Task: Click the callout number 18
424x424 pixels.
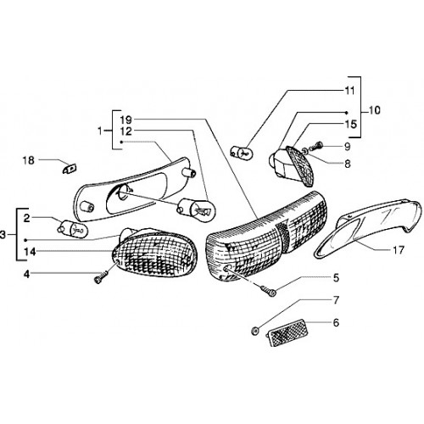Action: (x=29, y=160)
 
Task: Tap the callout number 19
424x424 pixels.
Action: (x=126, y=120)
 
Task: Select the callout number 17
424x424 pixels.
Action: (x=398, y=250)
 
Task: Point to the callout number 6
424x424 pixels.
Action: (x=336, y=322)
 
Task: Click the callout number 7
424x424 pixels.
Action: (x=336, y=300)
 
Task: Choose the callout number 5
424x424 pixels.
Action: (x=336, y=278)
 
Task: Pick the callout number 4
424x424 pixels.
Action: (x=26, y=274)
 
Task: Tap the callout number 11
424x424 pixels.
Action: (x=349, y=91)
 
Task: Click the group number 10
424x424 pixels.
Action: (x=374, y=110)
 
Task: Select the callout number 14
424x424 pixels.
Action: (x=30, y=252)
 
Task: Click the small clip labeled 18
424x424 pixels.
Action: (x=70, y=169)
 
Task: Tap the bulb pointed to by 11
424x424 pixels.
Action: (x=241, y=152)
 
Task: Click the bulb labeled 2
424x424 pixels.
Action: (x=73, y=228)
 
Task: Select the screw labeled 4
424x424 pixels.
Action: (x=101, y=276)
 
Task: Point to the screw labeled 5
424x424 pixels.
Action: (x=268, y=291)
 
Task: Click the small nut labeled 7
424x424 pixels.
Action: (x=254, y=330)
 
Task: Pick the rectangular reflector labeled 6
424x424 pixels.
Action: (x=287, y=333)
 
